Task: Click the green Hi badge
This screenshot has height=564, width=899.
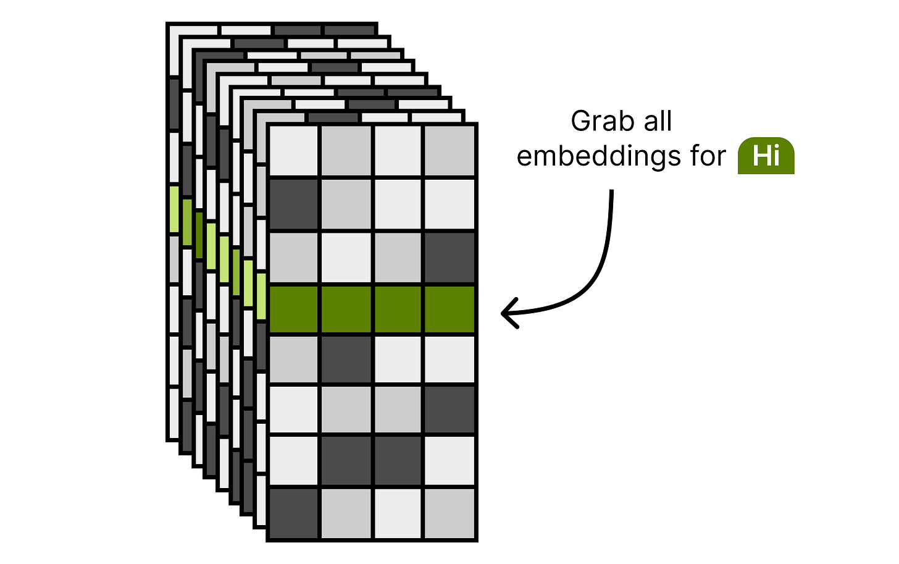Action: click(766, 156)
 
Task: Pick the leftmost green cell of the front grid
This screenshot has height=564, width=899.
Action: click(294, 309)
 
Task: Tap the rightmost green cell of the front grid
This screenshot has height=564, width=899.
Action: click(449, 309)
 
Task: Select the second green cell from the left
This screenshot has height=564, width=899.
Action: click(346, 309)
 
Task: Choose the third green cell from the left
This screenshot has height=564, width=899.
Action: click(398, 309)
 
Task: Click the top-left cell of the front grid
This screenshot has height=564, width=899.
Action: click(294, 151)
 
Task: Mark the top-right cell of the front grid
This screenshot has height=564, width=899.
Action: click(449, 151)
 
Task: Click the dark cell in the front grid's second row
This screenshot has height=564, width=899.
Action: click(294, 203)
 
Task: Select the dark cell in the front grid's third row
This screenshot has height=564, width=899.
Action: click(449, 257)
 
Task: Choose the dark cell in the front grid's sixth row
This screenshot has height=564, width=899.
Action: click(449, 409)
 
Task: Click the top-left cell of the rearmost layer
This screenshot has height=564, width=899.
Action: click(193, 30)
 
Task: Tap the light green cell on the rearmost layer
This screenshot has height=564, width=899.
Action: click(174, 210)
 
